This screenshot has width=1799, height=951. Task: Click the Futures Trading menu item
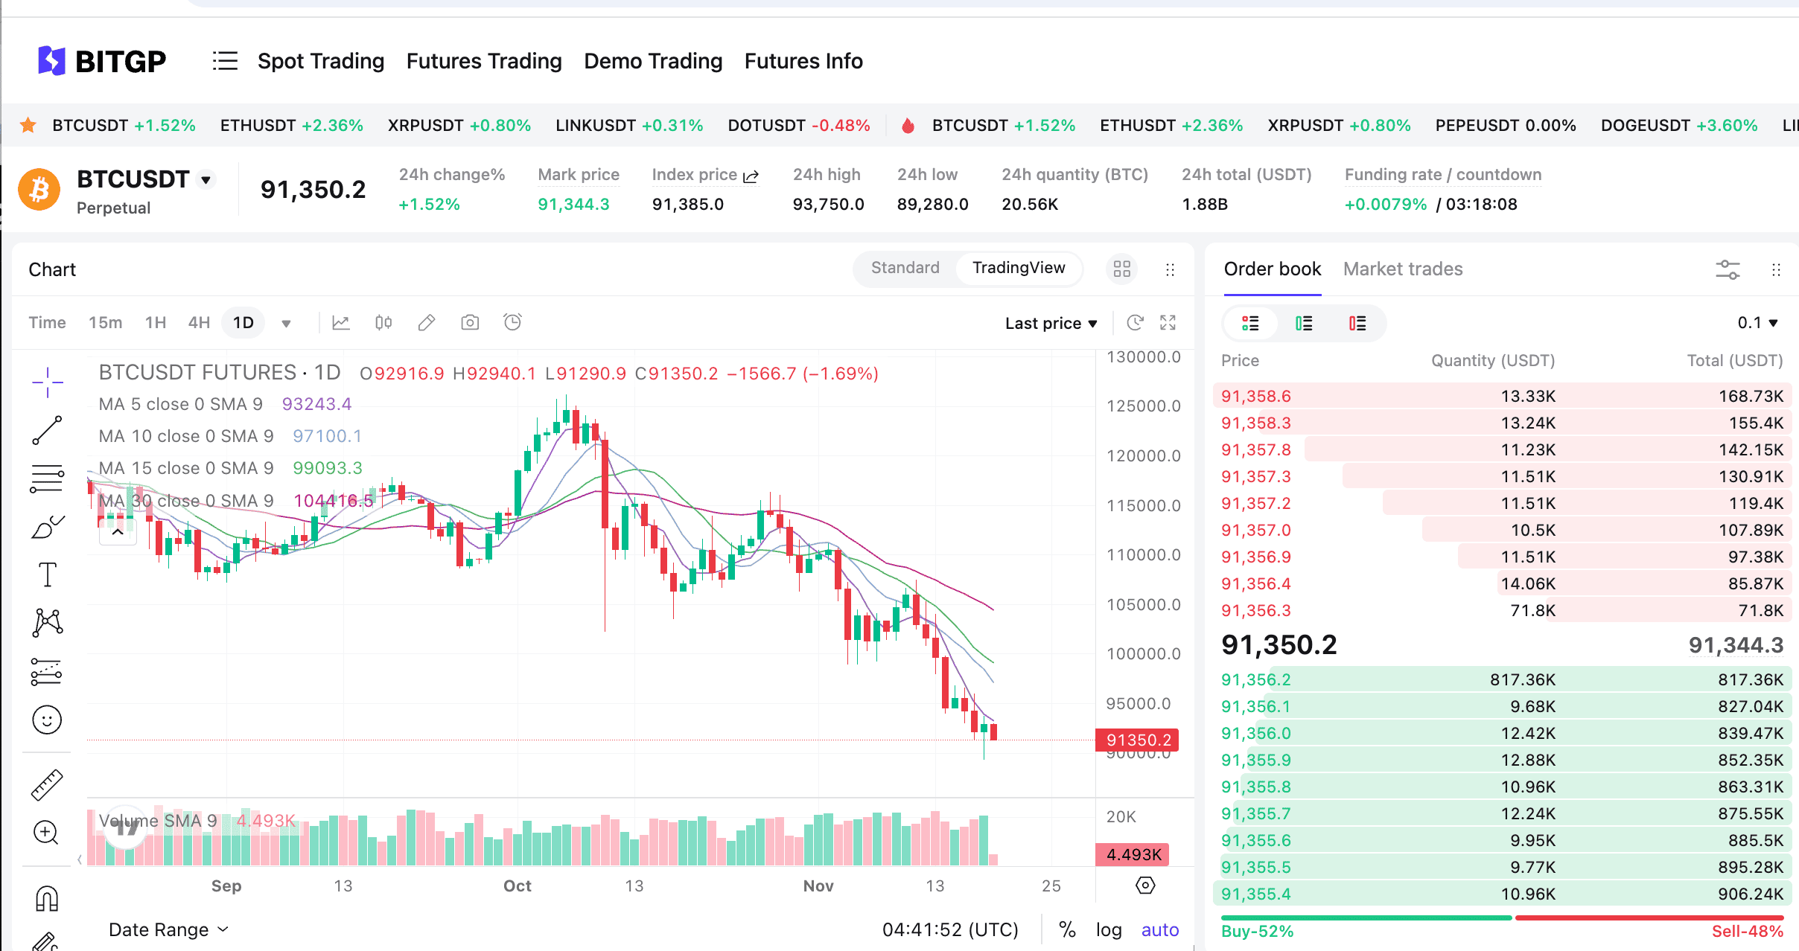[x=484, y=61]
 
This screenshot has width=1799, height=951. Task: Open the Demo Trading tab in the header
[x=653, y=61]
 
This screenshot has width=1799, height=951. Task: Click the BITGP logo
[x=102, y=61]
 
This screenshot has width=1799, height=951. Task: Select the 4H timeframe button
[x=199, y=323]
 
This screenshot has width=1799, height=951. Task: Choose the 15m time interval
[x=105, y=323]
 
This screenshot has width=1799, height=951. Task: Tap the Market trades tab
[x=1403, y=269]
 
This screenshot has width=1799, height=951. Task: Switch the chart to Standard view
[x=905, y=268]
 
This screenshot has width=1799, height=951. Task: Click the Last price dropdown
[x=1051, y=323]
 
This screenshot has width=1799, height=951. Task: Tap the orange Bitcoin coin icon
[x=39, y=190]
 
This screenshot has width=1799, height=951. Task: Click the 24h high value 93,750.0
[x=828, y=205]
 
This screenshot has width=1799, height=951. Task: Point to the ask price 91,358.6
[x=1256, y=397]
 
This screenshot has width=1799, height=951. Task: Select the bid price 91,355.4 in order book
[x=1256, y=894]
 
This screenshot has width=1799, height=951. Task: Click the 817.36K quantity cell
[x=1523, y=680]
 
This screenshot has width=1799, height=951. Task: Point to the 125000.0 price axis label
[x=1143, y=406]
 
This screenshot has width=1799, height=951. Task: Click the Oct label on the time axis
[x=517, y=886]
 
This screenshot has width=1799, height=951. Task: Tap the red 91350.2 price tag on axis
[x=1138, y=740]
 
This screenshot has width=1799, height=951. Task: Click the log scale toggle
[x=1108, y=930]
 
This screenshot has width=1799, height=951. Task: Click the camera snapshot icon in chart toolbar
[x=470, y=323]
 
